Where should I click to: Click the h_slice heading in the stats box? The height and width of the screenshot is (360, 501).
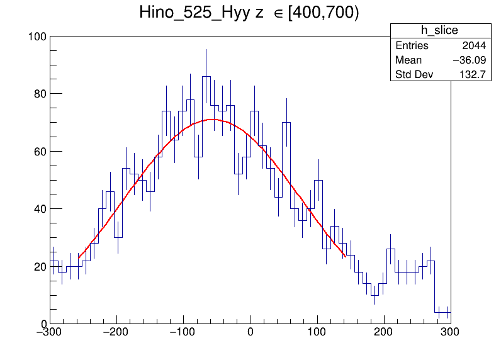(439, 31)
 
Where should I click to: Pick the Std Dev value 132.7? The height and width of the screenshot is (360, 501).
(472, 75)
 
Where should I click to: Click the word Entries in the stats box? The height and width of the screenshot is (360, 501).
(412, 46)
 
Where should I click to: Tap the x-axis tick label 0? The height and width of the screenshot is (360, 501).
(250, 332)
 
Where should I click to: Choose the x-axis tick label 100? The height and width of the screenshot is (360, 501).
(317, 332)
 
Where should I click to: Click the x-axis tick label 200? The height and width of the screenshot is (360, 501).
(384, 332)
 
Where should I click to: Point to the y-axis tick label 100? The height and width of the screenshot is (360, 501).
(37, 37)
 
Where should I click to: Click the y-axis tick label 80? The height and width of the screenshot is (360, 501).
(39, 94)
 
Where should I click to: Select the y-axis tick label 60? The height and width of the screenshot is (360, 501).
(39, 152)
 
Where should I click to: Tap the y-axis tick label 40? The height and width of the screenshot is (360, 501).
(39, 209)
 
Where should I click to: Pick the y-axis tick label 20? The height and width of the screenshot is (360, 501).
(39, 267)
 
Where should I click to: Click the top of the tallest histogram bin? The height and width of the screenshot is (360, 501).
(206, 77)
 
